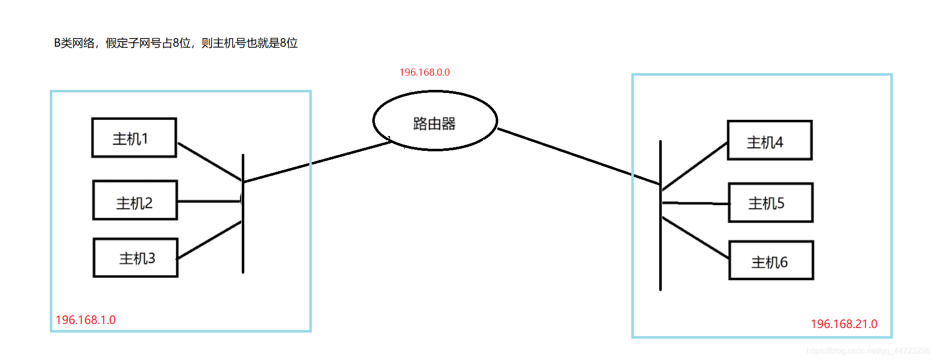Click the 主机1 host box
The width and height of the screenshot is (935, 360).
coord(134,138)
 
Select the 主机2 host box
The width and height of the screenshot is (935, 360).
coord(135,200)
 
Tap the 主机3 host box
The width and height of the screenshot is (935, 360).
coord(136,257)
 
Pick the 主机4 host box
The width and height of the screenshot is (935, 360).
coord(769,140)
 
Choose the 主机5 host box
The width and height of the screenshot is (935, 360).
coord(770,203)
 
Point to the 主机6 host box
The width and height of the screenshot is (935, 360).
coord(771,260)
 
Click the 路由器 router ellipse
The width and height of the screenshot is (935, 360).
coord(435,121)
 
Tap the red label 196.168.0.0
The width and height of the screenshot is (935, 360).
coord(425,73)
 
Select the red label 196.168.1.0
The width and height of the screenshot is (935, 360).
coord(85,320)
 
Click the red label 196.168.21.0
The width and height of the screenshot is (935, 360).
coord(844,324)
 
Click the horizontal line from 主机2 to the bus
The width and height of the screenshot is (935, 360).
coord(208,202)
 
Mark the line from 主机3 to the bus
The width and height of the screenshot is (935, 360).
coord(209,240)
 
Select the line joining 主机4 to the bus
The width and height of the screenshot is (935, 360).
coord(695,167)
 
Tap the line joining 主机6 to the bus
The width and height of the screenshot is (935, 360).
coord(696,238)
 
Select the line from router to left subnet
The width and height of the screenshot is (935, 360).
coord(317,161)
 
